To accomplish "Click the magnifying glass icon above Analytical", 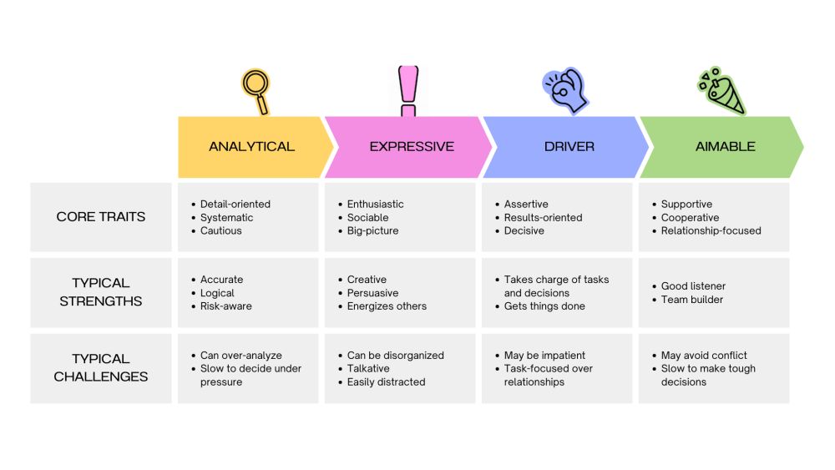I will point(256,90).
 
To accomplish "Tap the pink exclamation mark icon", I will point(407,91).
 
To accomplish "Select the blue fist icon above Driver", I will point(566,90).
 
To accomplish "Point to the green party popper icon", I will point(721,91).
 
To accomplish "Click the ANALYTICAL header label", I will point(251,147).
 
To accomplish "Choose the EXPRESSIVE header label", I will point(412,147).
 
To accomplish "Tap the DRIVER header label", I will point(569,147).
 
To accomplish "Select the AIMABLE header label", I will point(725,147).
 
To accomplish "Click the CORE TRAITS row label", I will point(101,217).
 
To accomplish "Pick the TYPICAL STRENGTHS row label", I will point(101,292).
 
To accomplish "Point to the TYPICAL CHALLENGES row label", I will point(101,368).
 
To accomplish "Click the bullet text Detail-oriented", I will point(235,204).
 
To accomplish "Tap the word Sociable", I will point(368,217).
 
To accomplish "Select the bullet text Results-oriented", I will point(544,217).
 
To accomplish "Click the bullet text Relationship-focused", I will point(711,230).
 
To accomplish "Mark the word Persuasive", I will point(373,293).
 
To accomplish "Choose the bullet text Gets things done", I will point(544,306).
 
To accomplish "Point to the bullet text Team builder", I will point(692,300).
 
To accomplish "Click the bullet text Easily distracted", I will point(387,382).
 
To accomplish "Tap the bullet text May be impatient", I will point(544,355).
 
